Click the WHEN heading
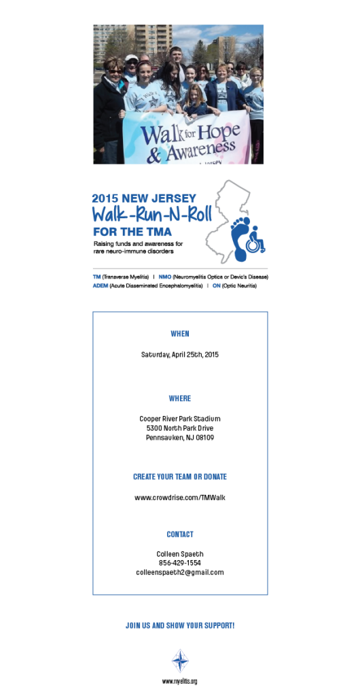(x=180, y=333)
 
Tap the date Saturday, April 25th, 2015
(x=180, y=355)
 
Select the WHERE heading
(x=180, y=398)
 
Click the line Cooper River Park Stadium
(x=180, y=419)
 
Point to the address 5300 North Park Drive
(x=180, y=428)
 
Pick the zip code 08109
(x=205, y=438)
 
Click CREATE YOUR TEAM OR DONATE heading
(x=180, y=476)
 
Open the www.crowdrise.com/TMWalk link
(x=180, y=498)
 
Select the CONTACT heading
(x=180, y=534)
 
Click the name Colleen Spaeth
(x=180, y=554)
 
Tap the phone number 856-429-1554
(x=180, y=563)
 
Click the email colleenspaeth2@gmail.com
(x=180, y=572)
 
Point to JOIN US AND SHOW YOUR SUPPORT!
(x=180, y=625)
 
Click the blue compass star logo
(x=180, y=661)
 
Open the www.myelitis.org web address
(x=179, y=681)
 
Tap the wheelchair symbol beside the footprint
(x=256, y=240)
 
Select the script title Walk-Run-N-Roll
(x=152, y=214)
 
